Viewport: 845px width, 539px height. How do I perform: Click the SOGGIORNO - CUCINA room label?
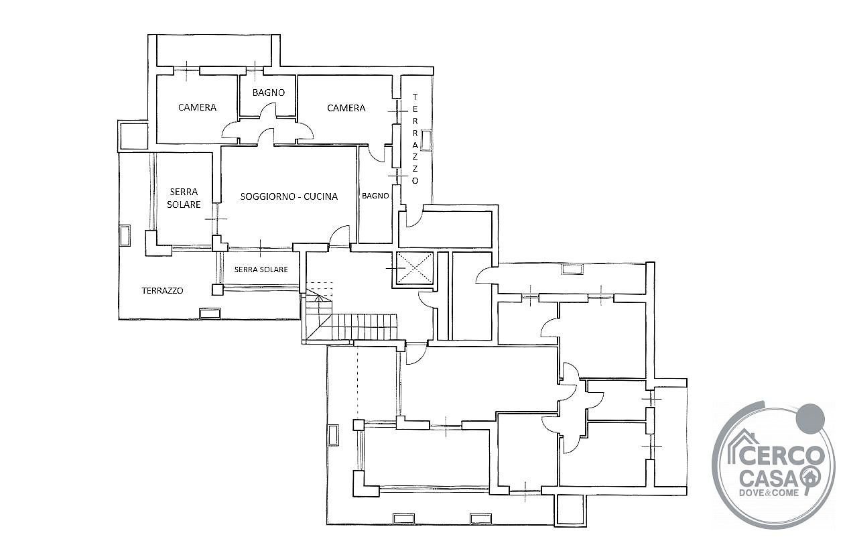pyautogui.click(x=289, y=196)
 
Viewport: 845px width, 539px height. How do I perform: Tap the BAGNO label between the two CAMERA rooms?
pyautogui.click(x=269, y=93)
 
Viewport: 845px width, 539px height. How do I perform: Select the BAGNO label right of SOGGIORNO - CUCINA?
pyautogui.click(x=375, y=196)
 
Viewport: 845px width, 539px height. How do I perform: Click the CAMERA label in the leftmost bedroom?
pyautogui.click(x=197, y=107)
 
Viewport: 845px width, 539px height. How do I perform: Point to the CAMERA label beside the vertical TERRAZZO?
pyautogui.click(x=346, y=109)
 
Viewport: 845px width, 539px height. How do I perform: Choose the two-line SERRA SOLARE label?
pyautogui.click(x=184, y=198)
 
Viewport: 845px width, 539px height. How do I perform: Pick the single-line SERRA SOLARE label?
pyautogui.click(x=261, y=269)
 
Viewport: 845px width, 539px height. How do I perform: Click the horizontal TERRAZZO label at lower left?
pyautogui.click(x=163, y=291)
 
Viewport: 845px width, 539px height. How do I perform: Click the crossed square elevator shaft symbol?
pyautogui.click(x=414, y=267)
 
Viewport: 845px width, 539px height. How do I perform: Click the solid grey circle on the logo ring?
pyautogui.click(x=809, y=418)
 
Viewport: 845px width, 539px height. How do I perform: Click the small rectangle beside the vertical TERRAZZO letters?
pyautogui.click(x=426, y=140)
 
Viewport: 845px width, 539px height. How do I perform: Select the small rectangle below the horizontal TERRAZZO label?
pyautogui.click(x=210, y=313)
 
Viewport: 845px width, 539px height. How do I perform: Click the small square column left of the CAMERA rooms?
pyautogui.click(x=133, y=136)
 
